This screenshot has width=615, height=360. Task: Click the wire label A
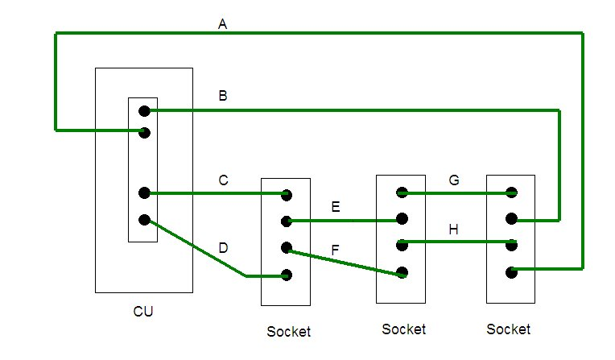point(223,24)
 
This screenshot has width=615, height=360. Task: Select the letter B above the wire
point(223,96)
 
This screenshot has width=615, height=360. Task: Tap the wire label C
point(223,180)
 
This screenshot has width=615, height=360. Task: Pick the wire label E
point(336,208)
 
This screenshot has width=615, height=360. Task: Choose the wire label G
point(454,180)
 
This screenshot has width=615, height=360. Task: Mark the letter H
point(454,230)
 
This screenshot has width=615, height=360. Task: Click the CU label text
point(143,311)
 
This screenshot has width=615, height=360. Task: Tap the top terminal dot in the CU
point(144,110)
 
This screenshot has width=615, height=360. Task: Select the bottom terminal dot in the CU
point(144,220)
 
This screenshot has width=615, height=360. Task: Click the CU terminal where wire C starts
point(144,192)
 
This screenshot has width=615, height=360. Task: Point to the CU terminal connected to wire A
point(144,132)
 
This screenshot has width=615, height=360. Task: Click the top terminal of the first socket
point(286,194)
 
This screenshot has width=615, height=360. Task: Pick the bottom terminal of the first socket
point(286,275)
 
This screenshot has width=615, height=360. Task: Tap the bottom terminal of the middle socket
point(402,272)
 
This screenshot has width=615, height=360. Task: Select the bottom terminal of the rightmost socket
point(510,272)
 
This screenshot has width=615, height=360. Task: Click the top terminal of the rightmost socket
point(510,192)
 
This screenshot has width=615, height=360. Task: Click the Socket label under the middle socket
point(403,329)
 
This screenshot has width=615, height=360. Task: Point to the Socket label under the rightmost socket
point(509,329)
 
